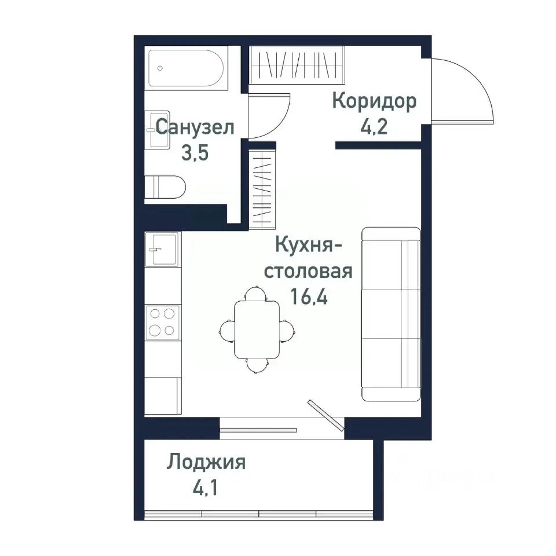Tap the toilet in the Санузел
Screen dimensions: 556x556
[164, 187]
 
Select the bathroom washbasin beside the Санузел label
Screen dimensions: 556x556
[156, 130]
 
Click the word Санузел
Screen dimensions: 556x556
[195, 127]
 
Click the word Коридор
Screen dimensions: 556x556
[374, 101]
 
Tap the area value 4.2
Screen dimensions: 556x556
[374, 127]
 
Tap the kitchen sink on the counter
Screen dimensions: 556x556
[162, 249]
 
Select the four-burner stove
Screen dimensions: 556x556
[162, 322]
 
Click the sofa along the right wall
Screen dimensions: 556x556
[391, 313]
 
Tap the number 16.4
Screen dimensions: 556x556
[309, 298]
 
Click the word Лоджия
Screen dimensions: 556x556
[207, 463]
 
